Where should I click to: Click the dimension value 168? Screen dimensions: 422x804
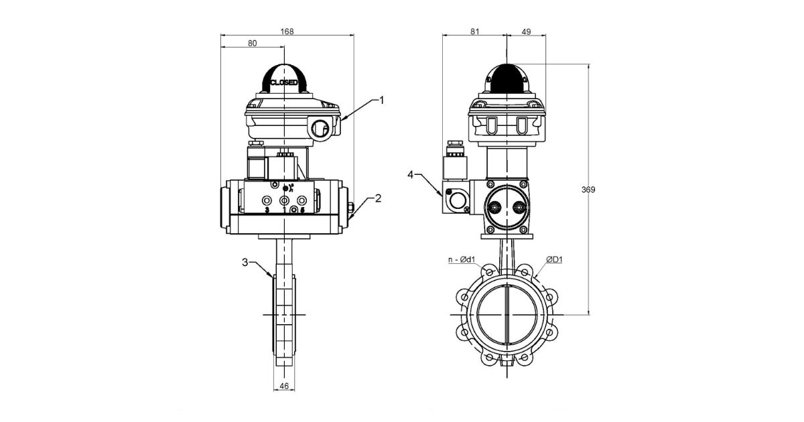[x=287, y=31]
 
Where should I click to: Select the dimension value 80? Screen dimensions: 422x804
[x=252, y=44]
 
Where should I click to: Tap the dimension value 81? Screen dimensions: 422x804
[x=474, y=31]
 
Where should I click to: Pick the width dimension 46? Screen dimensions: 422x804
[x=283, y=386]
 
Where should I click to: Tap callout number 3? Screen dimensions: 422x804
[x=246, y=263]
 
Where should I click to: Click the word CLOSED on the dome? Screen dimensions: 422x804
[x=284, y=82]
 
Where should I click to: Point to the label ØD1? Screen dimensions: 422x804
[x=553, y=259]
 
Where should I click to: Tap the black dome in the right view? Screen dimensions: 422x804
[x=507, y=79]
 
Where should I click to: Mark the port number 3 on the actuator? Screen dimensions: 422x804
[x=267, y=210]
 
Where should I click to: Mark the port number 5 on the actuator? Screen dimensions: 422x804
[x=302, y=210]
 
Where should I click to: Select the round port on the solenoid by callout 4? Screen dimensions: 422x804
[x=459, y=199]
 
